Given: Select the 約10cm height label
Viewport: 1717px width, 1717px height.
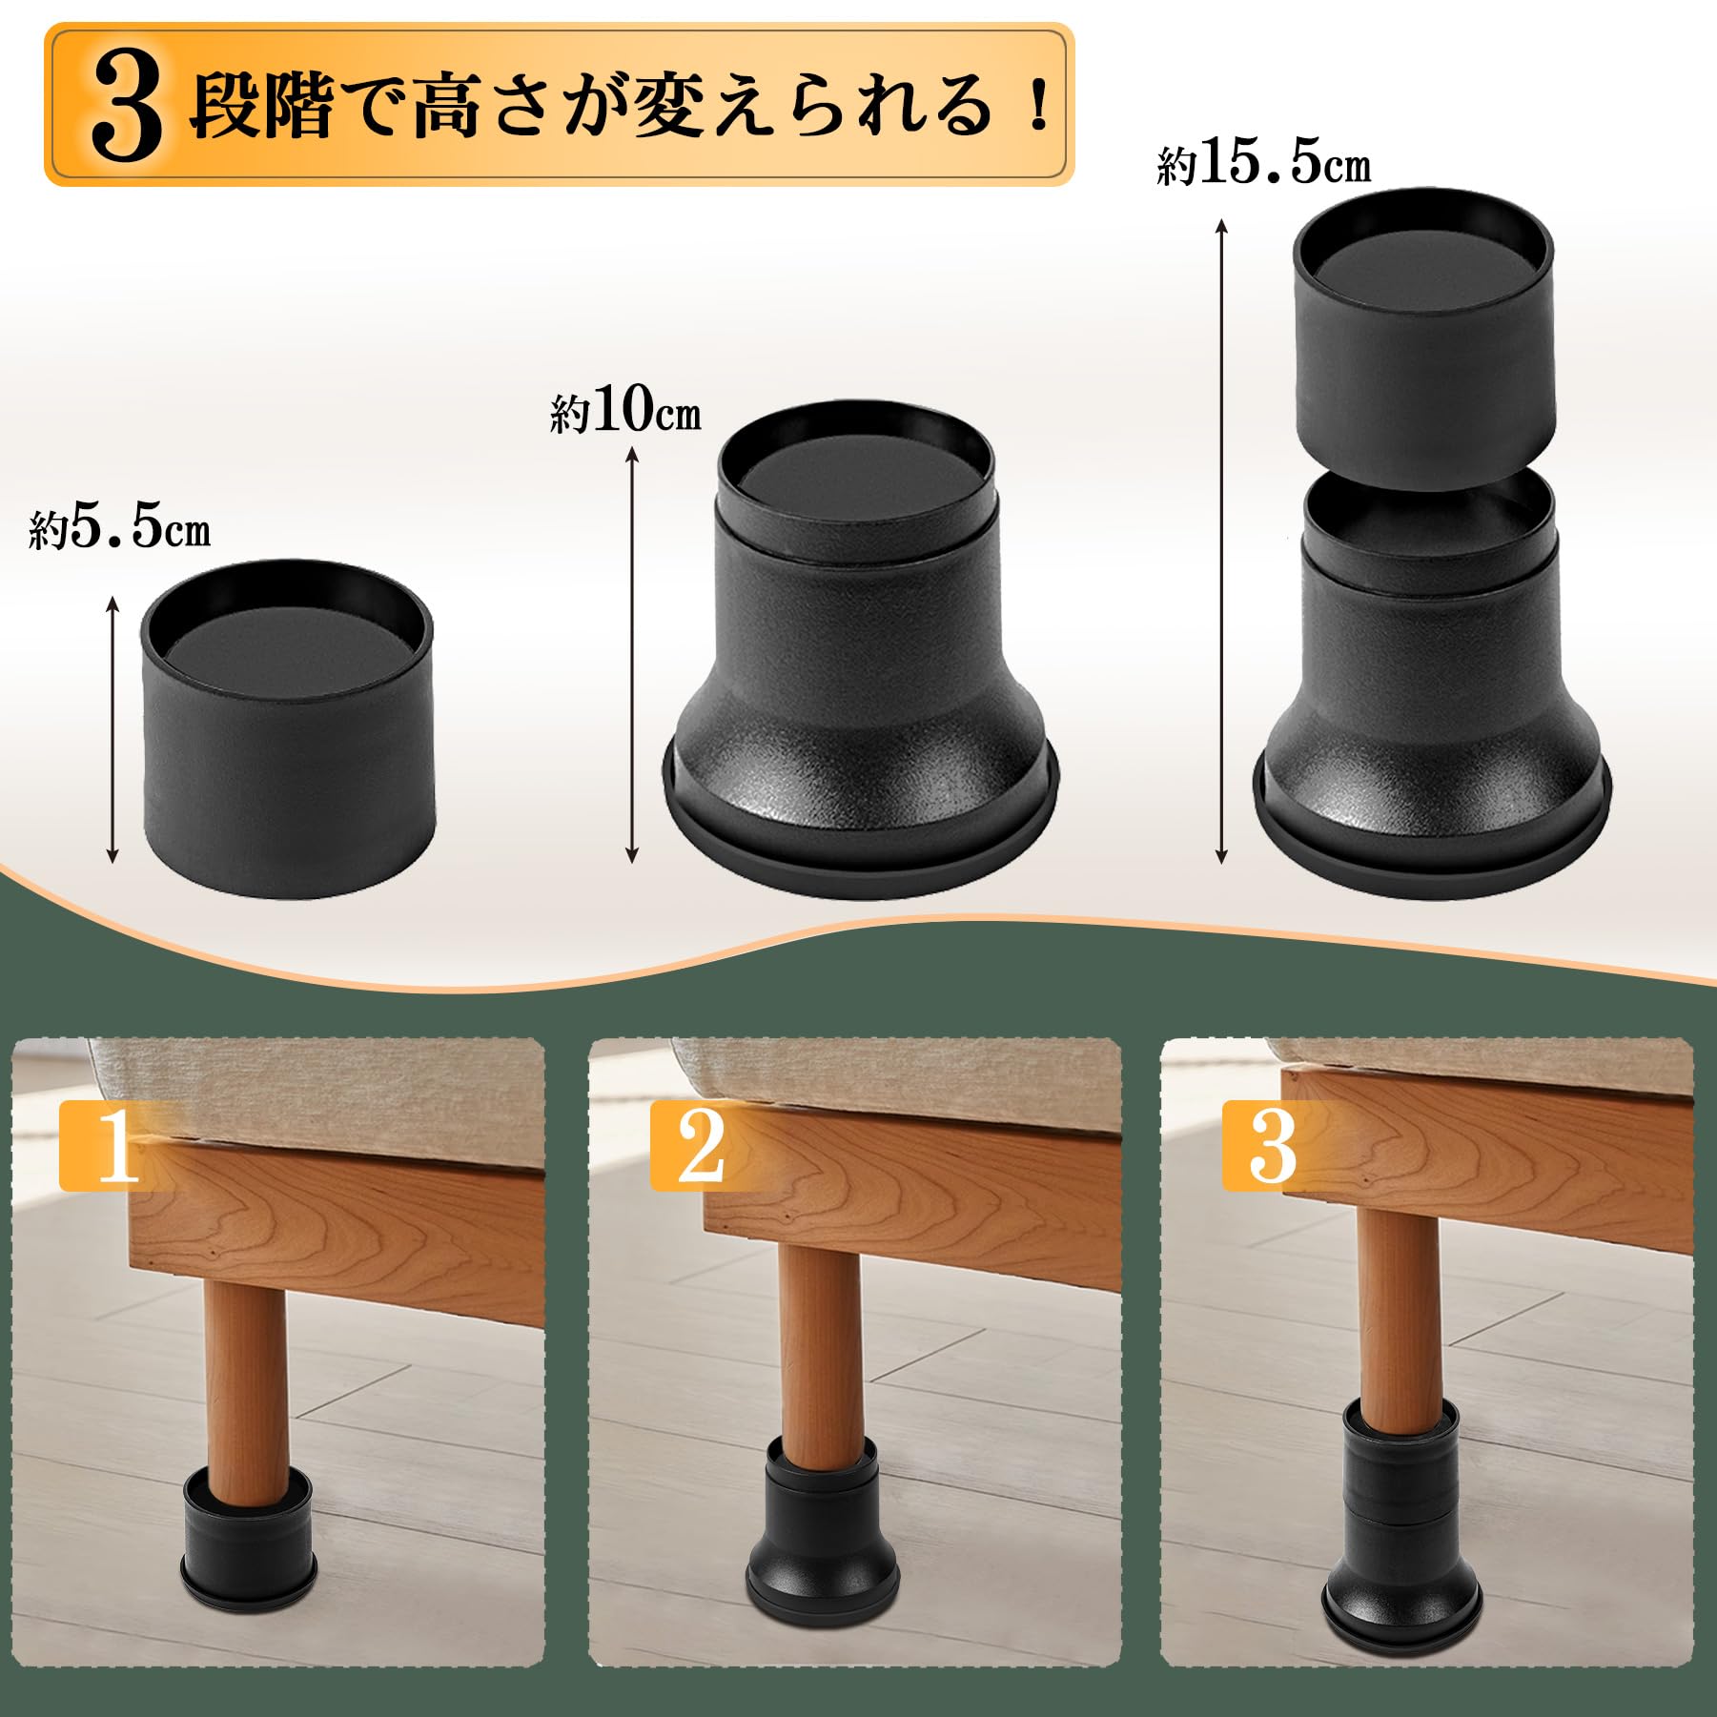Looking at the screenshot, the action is (x=625, y=412).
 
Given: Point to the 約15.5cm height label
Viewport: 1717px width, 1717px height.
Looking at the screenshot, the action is (x=1263, y=164).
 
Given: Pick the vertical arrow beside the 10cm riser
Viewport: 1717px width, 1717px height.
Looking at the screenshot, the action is (x=631, y=656).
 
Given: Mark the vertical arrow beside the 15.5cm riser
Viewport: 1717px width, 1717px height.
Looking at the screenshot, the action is (x=1221, y=540).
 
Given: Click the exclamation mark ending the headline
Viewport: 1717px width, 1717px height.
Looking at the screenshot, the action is (x=1038, y=107).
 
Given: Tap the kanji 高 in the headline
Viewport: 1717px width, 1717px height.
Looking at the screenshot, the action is (x=445, y=107).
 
